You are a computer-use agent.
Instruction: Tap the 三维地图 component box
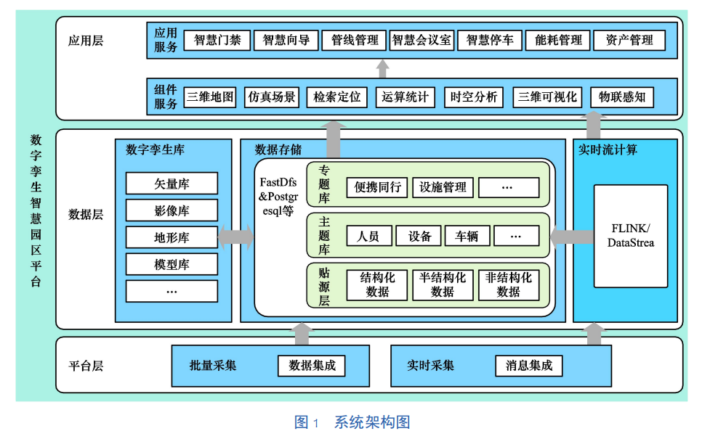211,97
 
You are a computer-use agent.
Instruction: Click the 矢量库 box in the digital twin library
172,184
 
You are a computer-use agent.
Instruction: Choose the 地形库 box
172,237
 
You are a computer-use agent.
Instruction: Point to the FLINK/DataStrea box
630,236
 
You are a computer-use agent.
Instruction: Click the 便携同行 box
377,187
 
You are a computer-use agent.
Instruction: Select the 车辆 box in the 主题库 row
467,236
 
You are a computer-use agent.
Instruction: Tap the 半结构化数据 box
443,285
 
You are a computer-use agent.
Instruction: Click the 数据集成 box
312,366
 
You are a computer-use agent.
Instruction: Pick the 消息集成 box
528,366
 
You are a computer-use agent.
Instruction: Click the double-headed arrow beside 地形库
235,237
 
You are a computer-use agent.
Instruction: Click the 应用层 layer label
86,41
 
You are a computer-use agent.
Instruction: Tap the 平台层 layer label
86,366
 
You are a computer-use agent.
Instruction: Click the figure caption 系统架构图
372,422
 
